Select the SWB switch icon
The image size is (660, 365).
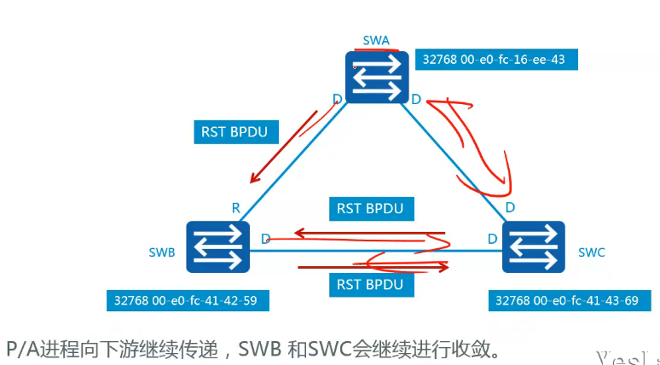point(217,247)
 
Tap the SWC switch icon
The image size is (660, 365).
point(534,247)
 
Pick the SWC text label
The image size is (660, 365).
point(591,252)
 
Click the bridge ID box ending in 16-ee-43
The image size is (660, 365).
point(494,60)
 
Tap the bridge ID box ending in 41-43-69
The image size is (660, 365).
point(565,301)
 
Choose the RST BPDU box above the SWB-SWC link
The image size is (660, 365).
point(374,207)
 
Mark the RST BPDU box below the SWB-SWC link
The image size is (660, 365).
point(374,283)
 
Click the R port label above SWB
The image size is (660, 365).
point(235,207)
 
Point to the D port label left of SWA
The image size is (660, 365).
point(338,100)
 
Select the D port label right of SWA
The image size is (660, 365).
point(416,100)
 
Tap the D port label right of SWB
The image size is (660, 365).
point(266,238)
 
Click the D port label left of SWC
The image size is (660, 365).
point(492,238)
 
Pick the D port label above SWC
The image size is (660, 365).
point(510,207)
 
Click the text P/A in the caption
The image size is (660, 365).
point(21,348)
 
